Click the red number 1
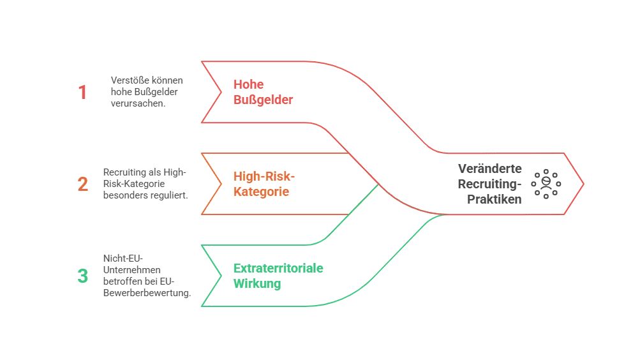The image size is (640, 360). click(82, 93)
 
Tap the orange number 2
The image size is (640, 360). click(83, 184)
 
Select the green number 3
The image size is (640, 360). click(83, 276)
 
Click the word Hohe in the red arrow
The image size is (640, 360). click(248, 84)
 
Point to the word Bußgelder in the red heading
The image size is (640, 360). click(263, 100)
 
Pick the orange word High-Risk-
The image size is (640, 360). click(264, 176)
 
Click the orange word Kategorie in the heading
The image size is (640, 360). click(261, 191)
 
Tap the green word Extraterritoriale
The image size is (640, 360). click(278, 268)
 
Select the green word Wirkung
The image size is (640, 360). click(257, 283)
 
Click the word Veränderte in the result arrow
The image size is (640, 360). click(489, 169)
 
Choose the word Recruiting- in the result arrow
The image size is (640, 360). click(491, 184)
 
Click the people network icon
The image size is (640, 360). click(546, 184)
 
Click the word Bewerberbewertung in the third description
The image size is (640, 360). click(146, 293)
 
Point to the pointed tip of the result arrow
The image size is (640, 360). click(583, 184)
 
